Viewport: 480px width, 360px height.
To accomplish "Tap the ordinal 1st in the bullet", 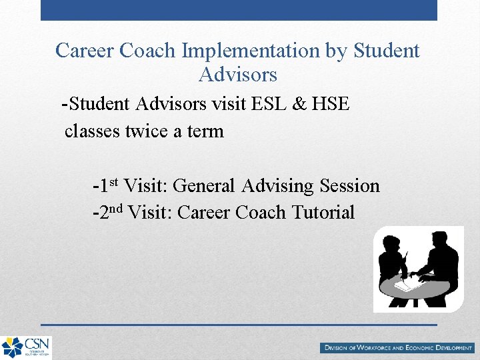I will click(x=107, y=185).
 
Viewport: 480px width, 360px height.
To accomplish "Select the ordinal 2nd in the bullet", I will click(x=109, y=212).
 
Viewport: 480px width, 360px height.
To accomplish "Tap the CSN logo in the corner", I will click(x=25, y=347).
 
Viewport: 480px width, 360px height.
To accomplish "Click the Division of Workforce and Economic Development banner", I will click(x=397, y=348).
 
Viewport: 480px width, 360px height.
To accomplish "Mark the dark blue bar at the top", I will click(x=239, y=10).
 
